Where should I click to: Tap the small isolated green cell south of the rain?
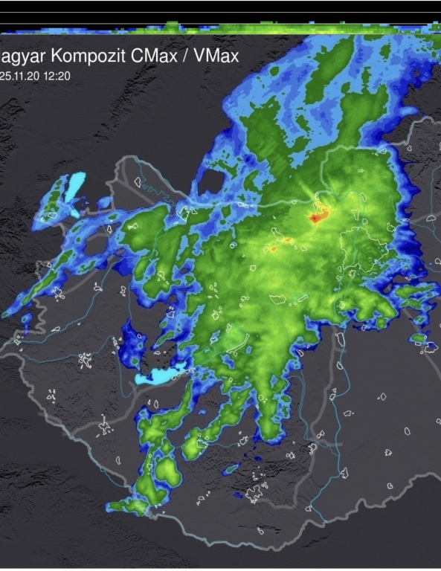233,469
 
